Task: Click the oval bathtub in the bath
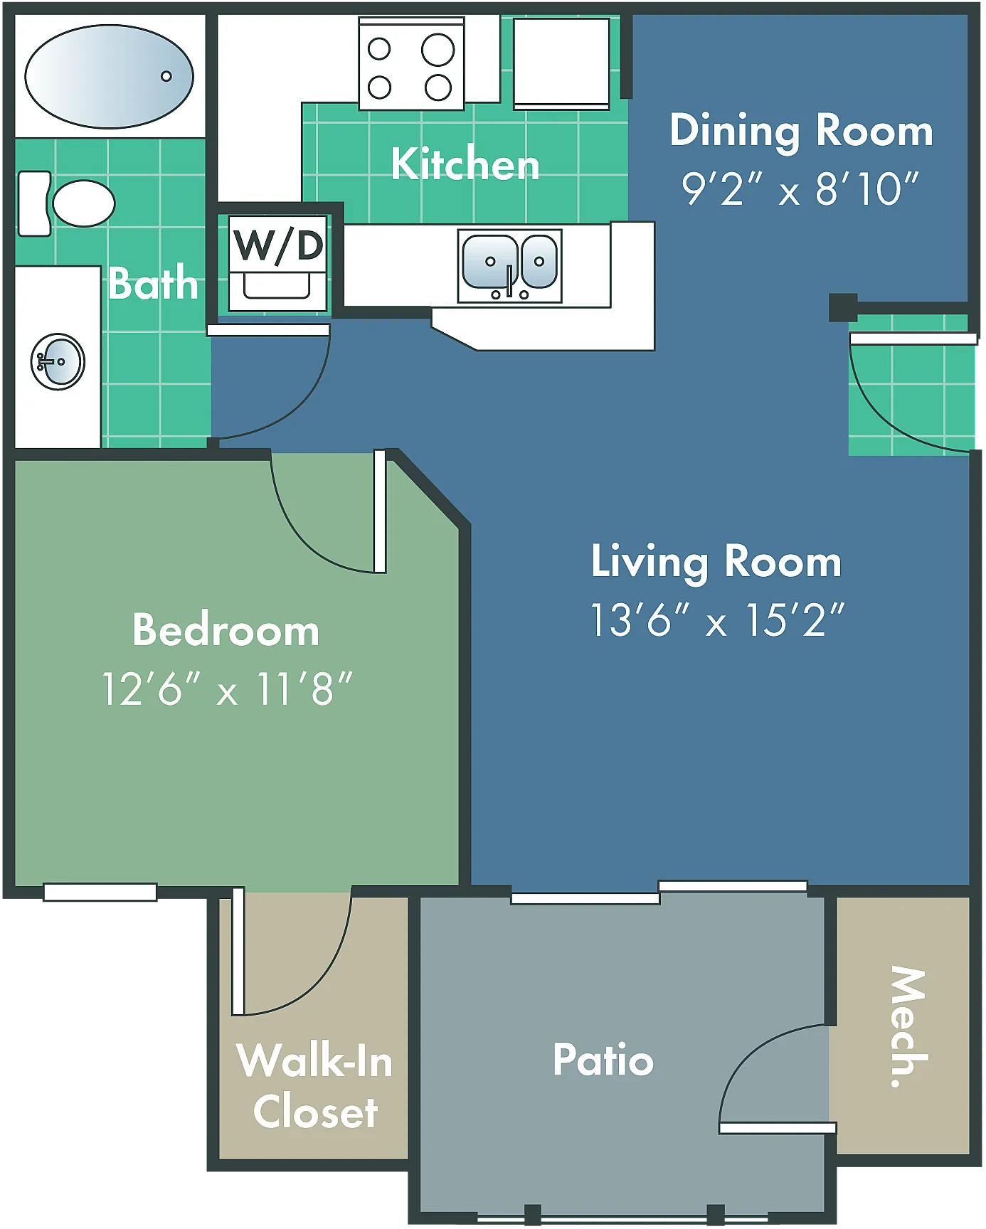[x=109, y=76]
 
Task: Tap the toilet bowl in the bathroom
[x=83, y=203]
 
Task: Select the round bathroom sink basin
[x=58, y=361]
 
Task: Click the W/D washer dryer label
[x=278, y=245]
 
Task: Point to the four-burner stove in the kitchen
[x=411, y=65]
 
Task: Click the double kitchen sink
[x=509, y=265]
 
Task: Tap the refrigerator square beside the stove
[x=561, y=63]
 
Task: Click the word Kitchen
[x=465, y=164]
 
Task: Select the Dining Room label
[x=801, y=131]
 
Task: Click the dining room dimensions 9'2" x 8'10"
[x=800, y=188]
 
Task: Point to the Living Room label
[x=716, y=563]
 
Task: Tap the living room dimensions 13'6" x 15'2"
[x=718, y=619]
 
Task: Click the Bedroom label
[x=226, y=630]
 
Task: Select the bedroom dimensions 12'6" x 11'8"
[x=227, y=688]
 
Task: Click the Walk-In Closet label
[x=315, y=1086]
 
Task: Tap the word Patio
[x=603, y=1060]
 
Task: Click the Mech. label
[x=908, y=1026]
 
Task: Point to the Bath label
[x=153, y=282]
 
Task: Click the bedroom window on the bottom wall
[x=100, y=892]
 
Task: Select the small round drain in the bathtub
[x=166, y=76]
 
